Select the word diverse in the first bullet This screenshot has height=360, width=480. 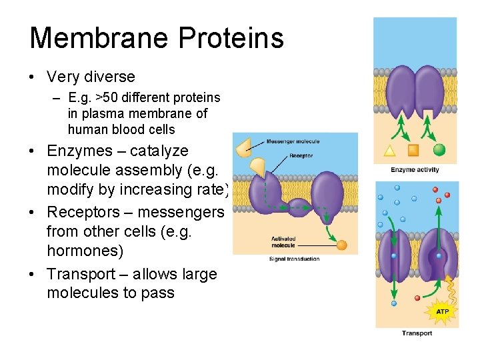point(108,77)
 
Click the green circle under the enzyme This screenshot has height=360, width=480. point(439,149)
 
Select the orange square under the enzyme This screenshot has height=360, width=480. point(413,150)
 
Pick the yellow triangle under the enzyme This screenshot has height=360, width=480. point(390,150)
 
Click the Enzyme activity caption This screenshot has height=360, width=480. point(415,170)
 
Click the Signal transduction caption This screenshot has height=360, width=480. point(295,259)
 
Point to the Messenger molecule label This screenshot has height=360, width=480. point(293,141)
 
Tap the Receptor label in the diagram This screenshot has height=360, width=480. point(301,156)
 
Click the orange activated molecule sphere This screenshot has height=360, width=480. point(342,245)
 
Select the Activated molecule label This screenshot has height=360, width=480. point(283,241)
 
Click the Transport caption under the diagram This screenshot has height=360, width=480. point(417,333)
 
